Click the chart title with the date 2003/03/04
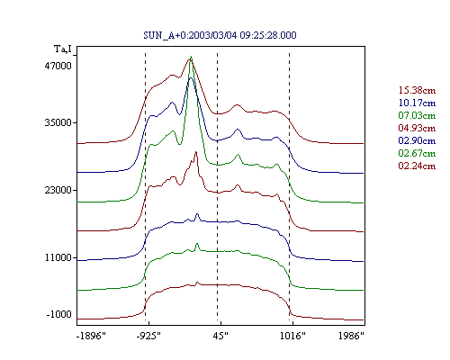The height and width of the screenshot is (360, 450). tap(220, 35)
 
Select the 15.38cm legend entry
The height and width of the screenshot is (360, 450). tap(417, 90)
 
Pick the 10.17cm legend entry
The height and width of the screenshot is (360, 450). tap(417, 103)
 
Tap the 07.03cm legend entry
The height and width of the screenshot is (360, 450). tap(417, 115)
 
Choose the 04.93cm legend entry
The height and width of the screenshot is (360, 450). tap(417, 128)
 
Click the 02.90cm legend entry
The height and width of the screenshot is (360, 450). tap(417, 140)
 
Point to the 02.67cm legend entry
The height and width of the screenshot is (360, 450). tap(417, 153)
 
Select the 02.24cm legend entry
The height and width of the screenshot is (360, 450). tap(417, 166)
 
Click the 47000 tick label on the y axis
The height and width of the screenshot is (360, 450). tap(58, 66)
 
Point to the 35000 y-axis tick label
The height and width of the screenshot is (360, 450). tap(58, 122)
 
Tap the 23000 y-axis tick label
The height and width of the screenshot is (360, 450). tap(58, 190)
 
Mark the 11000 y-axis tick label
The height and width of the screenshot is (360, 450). tap(58, 257)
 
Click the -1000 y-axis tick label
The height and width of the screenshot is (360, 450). tap(59, 314)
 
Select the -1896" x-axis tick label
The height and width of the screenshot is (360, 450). tap(91, 336)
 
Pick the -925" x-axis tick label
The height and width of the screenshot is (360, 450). tap(148, 336)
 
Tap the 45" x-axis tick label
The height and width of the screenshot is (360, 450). tap(220, 336)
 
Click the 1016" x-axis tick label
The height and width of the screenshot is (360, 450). tap(292, 336)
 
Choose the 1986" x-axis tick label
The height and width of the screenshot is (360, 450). tap(351, 336)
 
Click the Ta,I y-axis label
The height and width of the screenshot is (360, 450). tap(63, 49)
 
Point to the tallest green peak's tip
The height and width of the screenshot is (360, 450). tap(191, 57)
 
